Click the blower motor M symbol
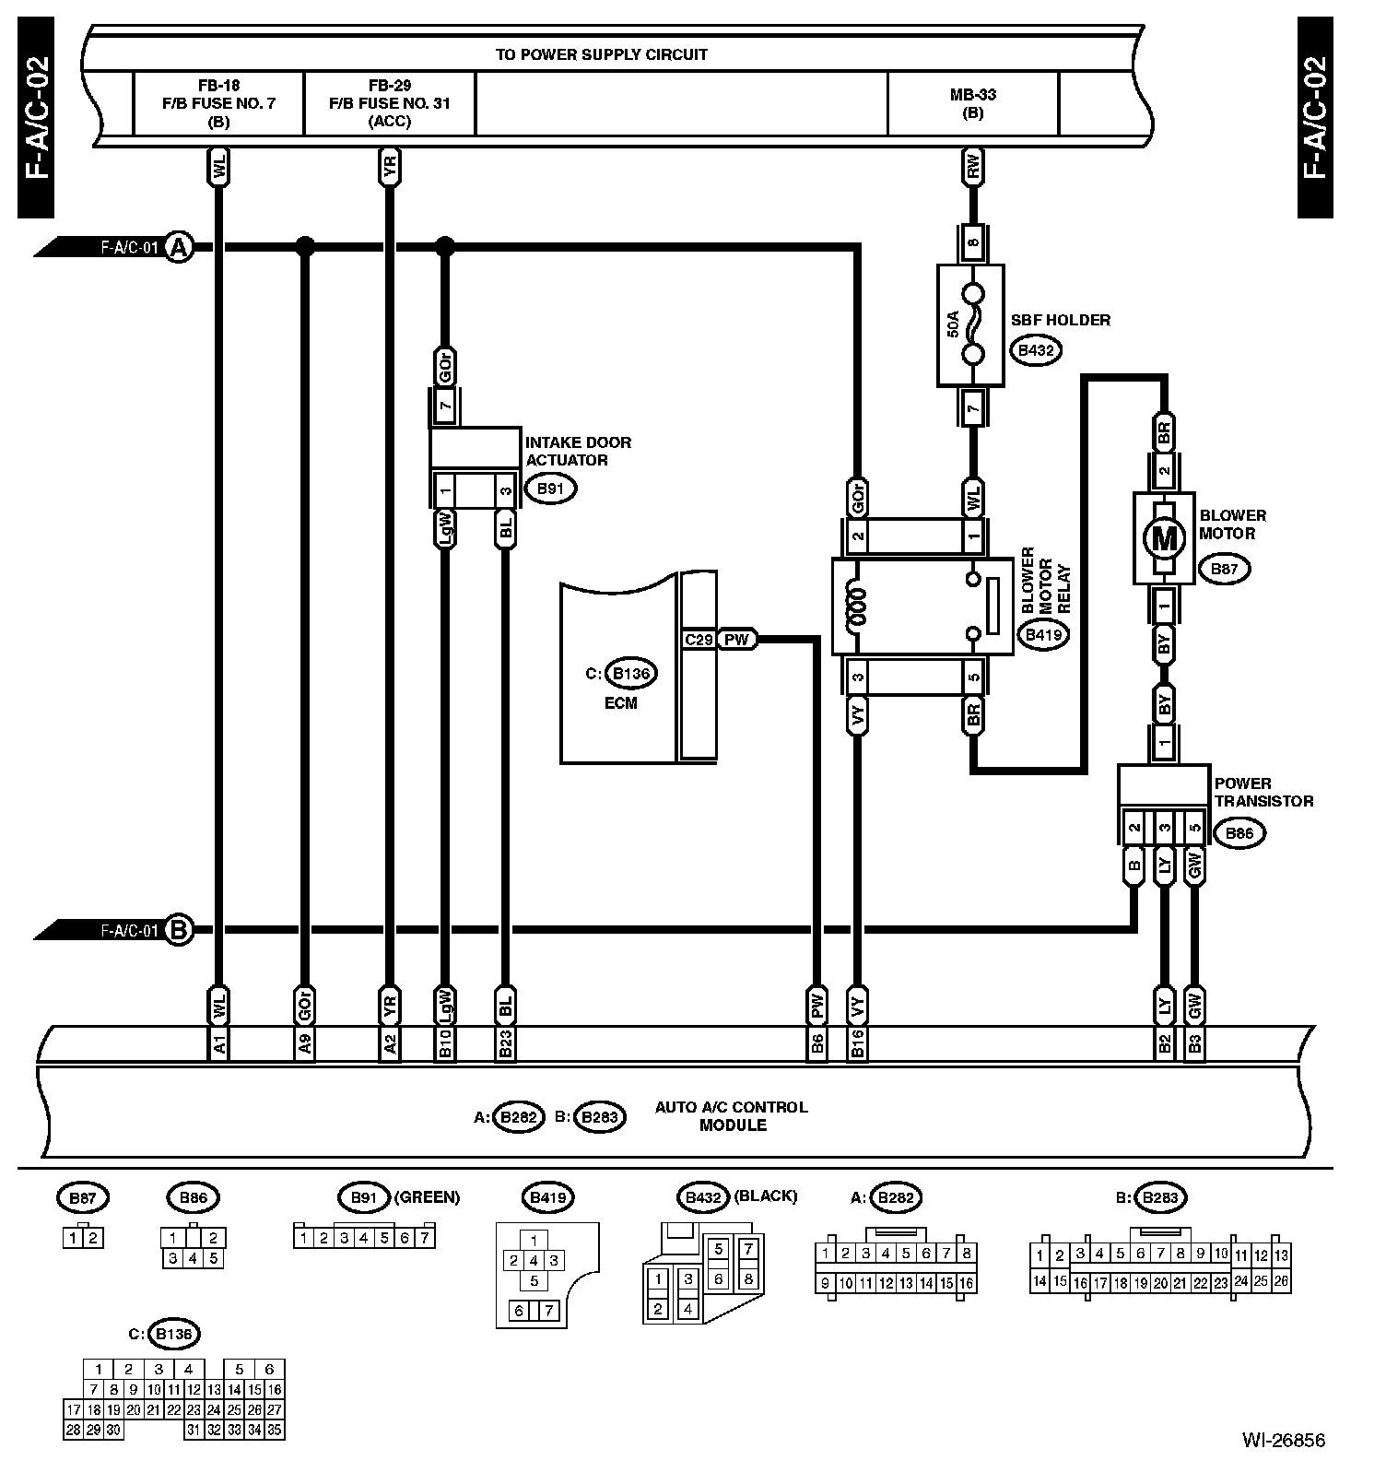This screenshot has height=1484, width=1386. (1164, 539)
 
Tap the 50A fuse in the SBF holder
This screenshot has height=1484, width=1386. (972, 324)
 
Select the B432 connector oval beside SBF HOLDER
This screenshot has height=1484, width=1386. (1035, 350)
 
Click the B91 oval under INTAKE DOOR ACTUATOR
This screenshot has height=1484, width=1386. (549, 489)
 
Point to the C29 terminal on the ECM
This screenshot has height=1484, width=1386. (699, 640)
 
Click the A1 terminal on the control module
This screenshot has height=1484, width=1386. (219, 1043)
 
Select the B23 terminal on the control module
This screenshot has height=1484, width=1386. (505, 1043)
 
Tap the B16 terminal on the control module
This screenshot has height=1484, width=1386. (858, 1043)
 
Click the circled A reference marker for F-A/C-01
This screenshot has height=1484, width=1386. (179, 247)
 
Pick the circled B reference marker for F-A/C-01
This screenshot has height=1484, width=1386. (179, 930)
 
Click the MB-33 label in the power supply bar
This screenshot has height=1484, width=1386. (973, 94)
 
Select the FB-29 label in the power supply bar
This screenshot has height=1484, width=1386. (389, 85)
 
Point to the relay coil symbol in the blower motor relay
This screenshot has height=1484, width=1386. (857, 607)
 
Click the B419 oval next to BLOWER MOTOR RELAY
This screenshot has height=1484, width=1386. (1043, 634)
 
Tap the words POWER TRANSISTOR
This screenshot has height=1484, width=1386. (1263, 793)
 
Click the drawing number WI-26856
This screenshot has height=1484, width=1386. (1283, 1440)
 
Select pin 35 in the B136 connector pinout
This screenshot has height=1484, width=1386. (274, 1431)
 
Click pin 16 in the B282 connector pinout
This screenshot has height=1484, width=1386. (966, 1283)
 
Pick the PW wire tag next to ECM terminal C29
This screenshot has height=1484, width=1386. (736, 640)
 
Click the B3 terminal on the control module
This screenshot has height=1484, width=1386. (1194, 1043)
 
